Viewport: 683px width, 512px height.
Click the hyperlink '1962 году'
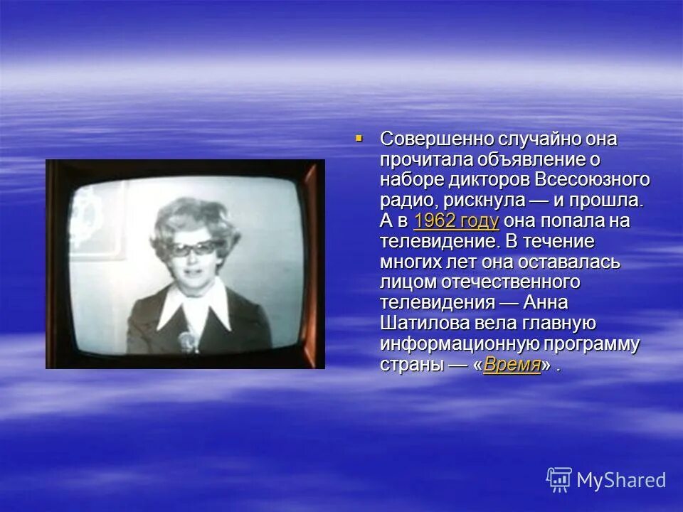point(455,220)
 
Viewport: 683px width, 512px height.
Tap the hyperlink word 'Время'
point(512,366)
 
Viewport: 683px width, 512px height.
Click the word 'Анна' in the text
point(545,303)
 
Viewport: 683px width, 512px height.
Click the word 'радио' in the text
point(403,201)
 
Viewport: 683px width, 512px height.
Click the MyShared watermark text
point(621,480)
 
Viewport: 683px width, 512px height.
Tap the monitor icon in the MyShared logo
point(559,479)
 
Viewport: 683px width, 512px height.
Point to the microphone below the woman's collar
point(187,342)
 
